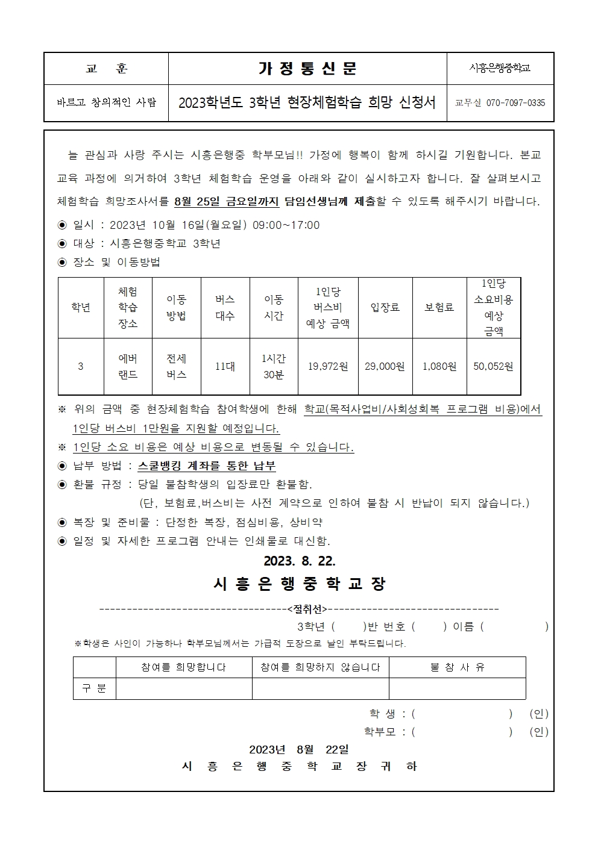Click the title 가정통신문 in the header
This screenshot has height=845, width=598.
307,69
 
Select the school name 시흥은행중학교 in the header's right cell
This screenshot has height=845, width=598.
500,69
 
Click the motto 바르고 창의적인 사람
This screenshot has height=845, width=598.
106,102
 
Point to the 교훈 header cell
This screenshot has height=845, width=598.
106,69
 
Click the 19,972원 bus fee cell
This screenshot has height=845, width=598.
328,366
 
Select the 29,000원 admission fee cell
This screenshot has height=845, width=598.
385,366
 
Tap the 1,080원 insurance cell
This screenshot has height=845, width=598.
439,366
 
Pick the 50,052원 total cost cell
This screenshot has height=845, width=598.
493,366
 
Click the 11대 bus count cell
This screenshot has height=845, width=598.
225,366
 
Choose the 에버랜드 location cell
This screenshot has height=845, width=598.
128,366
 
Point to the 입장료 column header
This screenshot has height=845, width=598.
385,307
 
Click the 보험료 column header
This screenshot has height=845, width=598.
439,307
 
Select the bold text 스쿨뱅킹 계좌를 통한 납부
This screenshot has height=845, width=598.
207,466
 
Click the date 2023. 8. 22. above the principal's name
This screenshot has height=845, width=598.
299,561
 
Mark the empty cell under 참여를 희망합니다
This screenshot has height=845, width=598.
184,688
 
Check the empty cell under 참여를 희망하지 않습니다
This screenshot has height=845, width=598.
320,688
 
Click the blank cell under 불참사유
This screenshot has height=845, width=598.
457,688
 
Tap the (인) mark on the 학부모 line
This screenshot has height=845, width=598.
539,732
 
